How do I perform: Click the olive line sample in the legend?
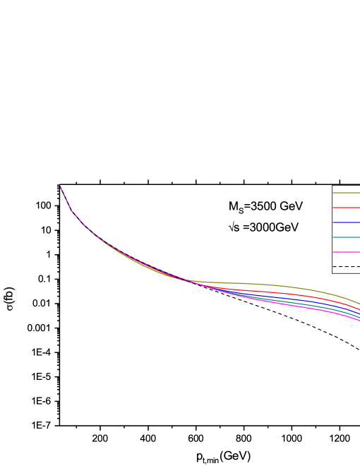click(x=346, y=193)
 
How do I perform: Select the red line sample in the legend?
click(x=346, y=208)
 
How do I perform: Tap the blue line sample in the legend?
click(x=346, y=222)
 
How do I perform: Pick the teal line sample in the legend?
click(x=346, y=237)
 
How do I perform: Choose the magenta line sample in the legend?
click(x=346, y=252)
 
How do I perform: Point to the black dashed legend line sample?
click(x=346, y=267)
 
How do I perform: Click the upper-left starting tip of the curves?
click(x=60, y=186)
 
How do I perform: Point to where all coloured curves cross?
click(x=189, y=281)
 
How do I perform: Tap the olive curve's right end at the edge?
click(x=359, y=304)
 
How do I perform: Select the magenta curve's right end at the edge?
click(x=359, y=321)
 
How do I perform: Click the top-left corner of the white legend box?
click(x=332, y=186)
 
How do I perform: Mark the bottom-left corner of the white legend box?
click(x=332, y=273)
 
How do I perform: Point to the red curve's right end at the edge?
click(x=359, y=310)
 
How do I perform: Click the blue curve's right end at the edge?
click(x=359, y=313)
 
